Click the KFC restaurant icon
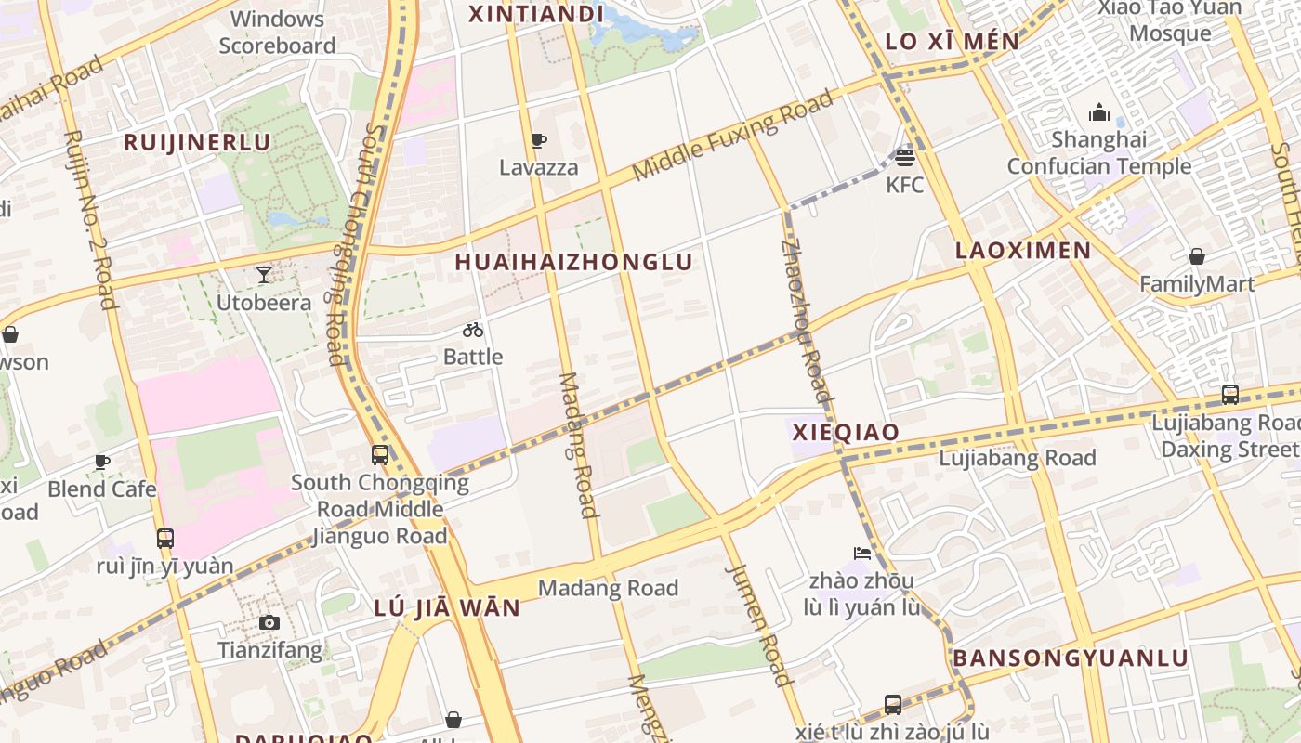tap(905, 157)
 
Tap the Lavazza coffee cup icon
tap(538, 141)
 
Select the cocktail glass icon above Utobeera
tap(264, 275)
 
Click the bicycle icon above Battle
tap(473, 330)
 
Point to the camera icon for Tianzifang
tap(269, 622)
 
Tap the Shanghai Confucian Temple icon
tap(1099, 113)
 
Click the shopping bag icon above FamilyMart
tap(1197, 256)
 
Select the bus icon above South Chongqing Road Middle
tap(380, 454)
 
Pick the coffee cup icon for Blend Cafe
tap(102, 462)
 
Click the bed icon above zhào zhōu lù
tap(862, 554)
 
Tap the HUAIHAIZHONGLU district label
tap(574, 262)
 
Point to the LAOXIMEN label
tap(1023, 250)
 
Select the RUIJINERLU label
tap(197, 142)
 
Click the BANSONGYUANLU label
tap(1071, 658)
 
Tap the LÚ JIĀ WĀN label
tap(447, 608)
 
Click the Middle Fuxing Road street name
tap(732, 137)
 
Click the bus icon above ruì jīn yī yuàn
tap(165, 538)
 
